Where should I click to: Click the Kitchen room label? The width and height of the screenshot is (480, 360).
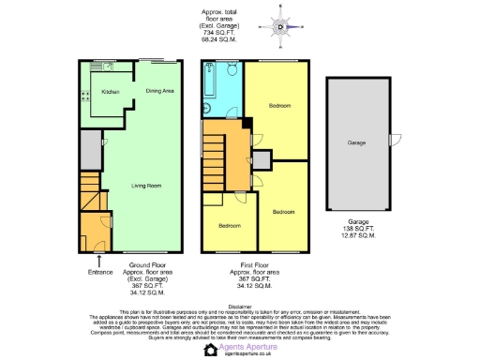point(111,92)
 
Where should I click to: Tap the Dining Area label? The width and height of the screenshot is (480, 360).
point(160,91)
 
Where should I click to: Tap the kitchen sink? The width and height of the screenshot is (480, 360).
point(98,67)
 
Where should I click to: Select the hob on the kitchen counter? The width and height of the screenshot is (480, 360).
point(83,94)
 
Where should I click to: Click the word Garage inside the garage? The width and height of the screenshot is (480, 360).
point(356,143)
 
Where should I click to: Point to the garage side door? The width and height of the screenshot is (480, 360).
point(392,140)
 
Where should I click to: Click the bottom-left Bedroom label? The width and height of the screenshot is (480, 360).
point(230,226)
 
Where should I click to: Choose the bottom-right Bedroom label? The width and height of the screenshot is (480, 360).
point(283,212)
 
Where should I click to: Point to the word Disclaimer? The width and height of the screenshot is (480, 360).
point(240,305)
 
